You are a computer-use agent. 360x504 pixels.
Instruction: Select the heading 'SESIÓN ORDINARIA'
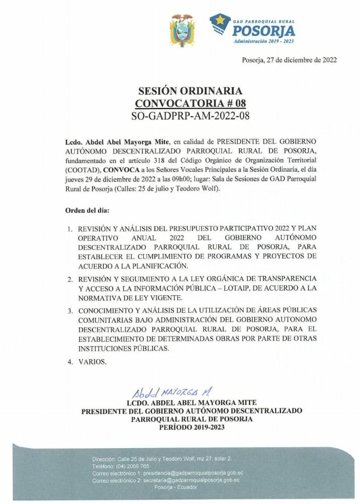click(190, 91)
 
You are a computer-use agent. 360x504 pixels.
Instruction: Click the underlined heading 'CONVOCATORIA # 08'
click(190, 104)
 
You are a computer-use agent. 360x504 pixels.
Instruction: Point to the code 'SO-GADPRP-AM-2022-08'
click(190, 116)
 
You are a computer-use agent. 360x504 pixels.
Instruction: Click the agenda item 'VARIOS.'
click(92, 361)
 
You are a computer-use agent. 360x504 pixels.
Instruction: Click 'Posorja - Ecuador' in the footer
click(176, 487)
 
